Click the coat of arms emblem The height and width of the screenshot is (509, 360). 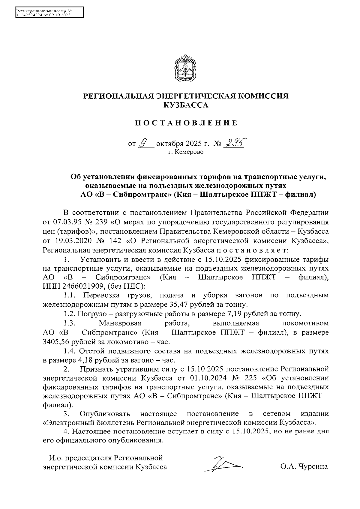coord(185,68)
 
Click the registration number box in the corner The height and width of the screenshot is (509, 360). coord(49,13)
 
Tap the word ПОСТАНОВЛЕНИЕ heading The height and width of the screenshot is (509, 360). coord(185,123)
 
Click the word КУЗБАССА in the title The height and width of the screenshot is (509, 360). coord(185,105)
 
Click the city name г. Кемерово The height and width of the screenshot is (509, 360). coord(185,152)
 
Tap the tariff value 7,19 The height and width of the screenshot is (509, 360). coord(234,314)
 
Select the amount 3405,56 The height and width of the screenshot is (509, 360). coord(56,341)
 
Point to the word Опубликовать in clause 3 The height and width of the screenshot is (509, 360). coord(105,414)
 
